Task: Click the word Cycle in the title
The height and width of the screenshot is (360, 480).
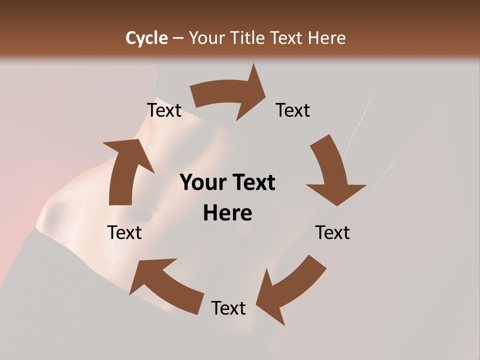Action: pos(146,38)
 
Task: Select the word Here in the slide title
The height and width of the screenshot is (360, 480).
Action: pos(326,38)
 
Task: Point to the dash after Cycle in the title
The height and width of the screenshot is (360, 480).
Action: pos(178,38)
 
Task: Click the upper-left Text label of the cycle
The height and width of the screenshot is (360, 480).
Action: pos(164,110)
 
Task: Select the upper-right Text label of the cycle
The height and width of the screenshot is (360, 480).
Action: pos(293,110)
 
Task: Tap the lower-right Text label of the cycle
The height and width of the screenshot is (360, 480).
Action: pos(332,232)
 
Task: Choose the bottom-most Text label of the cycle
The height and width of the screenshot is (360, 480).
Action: pos(228,308)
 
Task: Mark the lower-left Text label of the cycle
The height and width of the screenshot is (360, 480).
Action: pos(124,232)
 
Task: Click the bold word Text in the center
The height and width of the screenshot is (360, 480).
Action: pos(253,183)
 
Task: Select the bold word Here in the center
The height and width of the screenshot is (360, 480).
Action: pos(227,213)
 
